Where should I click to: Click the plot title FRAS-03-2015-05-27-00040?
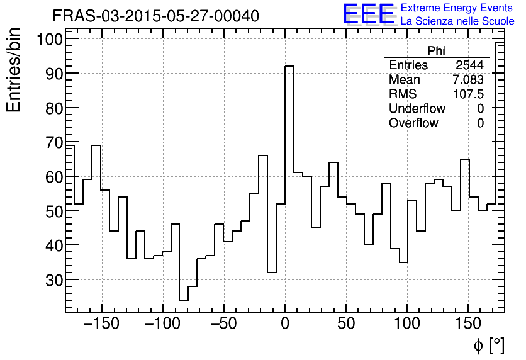(155, 16)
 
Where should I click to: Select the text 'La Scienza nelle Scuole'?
(457, 21)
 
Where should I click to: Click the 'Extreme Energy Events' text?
(457, 8)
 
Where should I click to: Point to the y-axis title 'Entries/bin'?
(14, 71)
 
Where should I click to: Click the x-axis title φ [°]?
(488, 345)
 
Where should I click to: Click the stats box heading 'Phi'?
(436, 51)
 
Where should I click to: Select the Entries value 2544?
(469, 65)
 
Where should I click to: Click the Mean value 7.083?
(467, 80)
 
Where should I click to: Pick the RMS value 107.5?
(468, 94)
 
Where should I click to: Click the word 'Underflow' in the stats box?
(417, 109)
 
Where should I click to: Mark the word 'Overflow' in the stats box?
(413, 123)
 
